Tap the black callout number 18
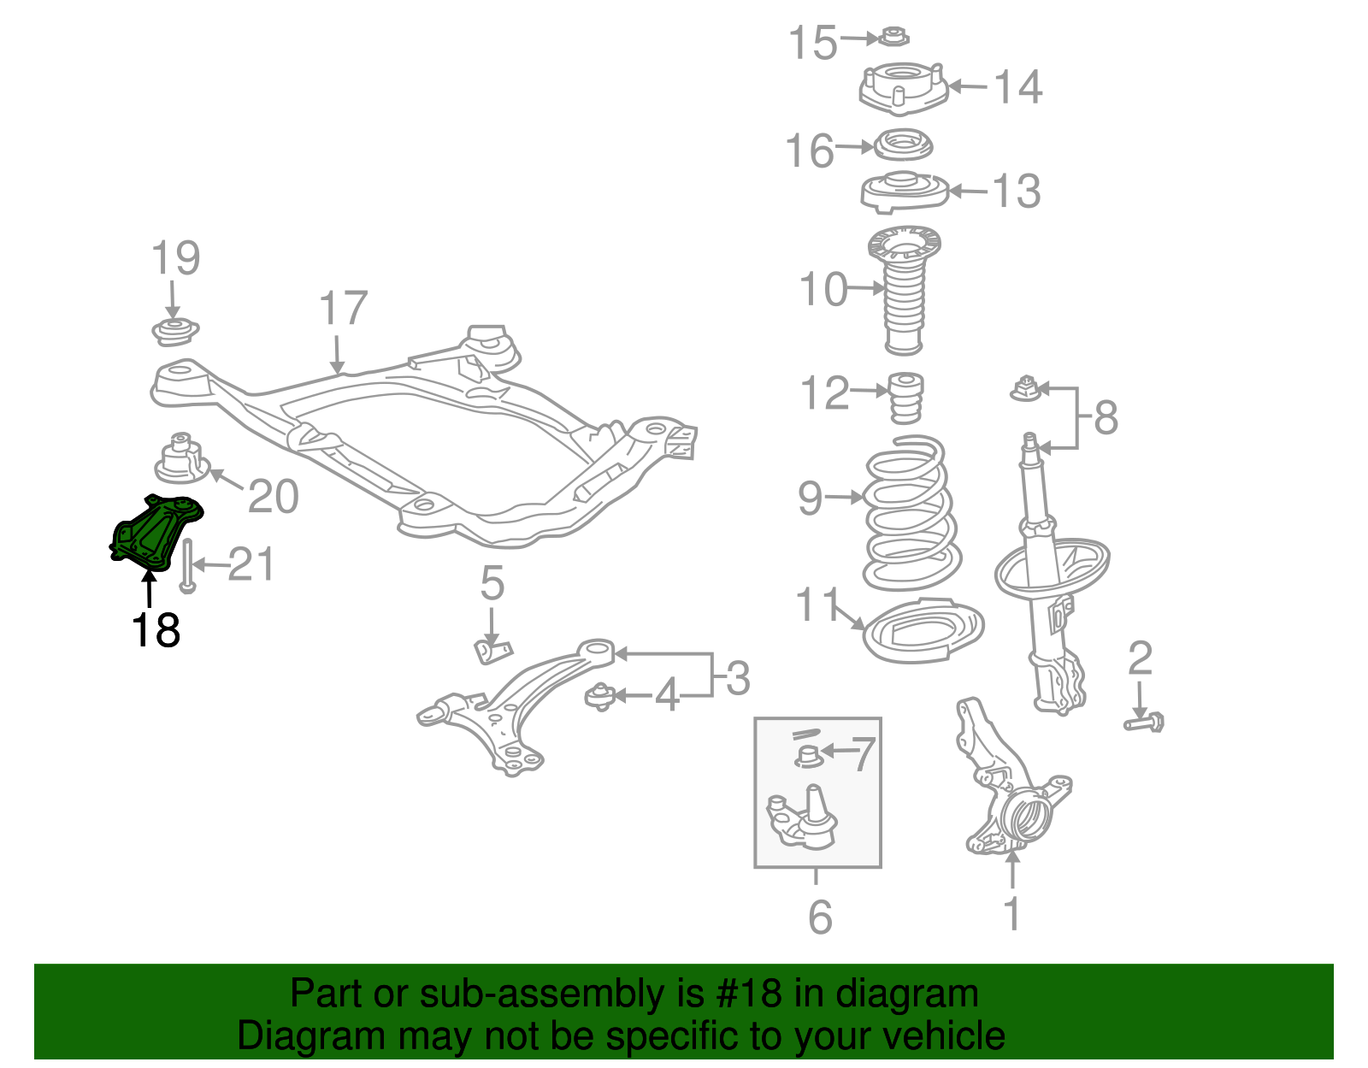[x=156, y=631]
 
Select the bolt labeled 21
[x=188, y=564]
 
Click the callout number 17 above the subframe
[x=343, y=309]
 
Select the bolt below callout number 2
[x=1144, y=723]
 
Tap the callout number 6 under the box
[x=819, y=918]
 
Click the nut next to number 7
[x=808, y=755]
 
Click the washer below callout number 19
[x=174, y=331]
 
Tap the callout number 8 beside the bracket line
[x=1105, y=418]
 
